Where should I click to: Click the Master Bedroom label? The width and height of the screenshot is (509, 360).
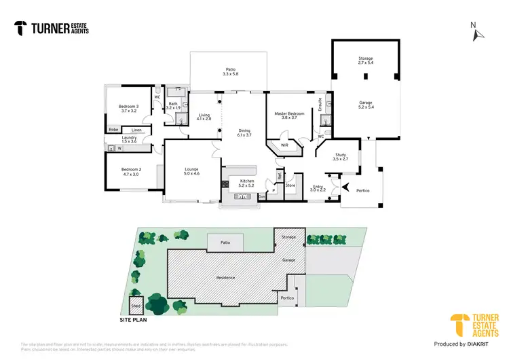coord(290,113)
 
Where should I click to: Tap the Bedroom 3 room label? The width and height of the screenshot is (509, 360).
coord(128,107)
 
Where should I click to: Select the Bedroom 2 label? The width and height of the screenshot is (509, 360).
coord(131,169)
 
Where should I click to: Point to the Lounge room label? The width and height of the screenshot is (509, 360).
coord(192,169)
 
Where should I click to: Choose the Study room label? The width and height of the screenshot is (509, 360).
coord(341,156)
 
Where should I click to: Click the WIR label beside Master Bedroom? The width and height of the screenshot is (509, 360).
coord(285,145)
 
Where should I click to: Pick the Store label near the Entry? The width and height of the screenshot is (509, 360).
coord(290,185)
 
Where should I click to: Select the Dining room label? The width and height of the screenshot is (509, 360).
coord(244,131)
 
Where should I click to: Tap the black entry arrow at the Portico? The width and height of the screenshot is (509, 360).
coord(346,187)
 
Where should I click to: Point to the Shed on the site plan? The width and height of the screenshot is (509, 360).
coord(136,305)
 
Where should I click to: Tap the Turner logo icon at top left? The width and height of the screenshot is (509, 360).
coord(21,28)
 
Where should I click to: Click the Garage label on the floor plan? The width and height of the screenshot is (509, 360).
coord(366,103)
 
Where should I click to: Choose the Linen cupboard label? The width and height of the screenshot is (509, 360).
coord(136,130)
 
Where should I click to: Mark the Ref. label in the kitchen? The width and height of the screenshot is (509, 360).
coord(279,175)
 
